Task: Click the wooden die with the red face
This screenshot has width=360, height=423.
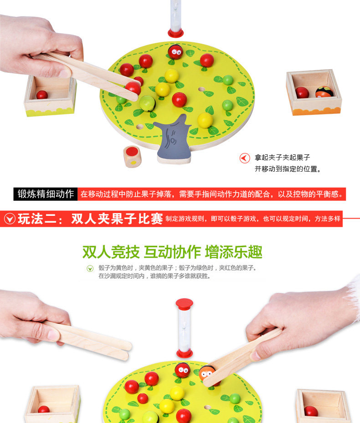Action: tap(132, 157)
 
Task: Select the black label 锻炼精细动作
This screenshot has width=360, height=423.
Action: tap(46, 194)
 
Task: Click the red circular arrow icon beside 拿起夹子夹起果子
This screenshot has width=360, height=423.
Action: tap(245, 158)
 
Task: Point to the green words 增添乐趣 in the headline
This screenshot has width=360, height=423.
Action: tap(234, 252)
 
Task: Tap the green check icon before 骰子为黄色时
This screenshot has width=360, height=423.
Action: tap(90, 269)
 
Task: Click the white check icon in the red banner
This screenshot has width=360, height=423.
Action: tap(10, 219)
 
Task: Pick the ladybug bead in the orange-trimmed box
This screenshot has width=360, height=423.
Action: tap(324, 92)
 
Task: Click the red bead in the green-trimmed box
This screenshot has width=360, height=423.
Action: tap(42, 95)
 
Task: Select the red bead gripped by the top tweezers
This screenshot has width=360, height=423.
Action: tap(133, 88)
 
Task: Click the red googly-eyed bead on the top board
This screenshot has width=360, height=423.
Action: tap(175, 52)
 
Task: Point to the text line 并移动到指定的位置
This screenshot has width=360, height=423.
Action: tap(288, 169)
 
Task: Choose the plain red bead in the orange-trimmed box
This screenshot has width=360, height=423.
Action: tap(302, 92)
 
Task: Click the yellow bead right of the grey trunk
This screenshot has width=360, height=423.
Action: tap(205, 120)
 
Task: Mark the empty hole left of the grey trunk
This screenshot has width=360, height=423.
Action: tap(139, 127)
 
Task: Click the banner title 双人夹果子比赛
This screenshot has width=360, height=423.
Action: tap(117, 219)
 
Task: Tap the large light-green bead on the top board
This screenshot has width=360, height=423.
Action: tap(148, 103)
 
